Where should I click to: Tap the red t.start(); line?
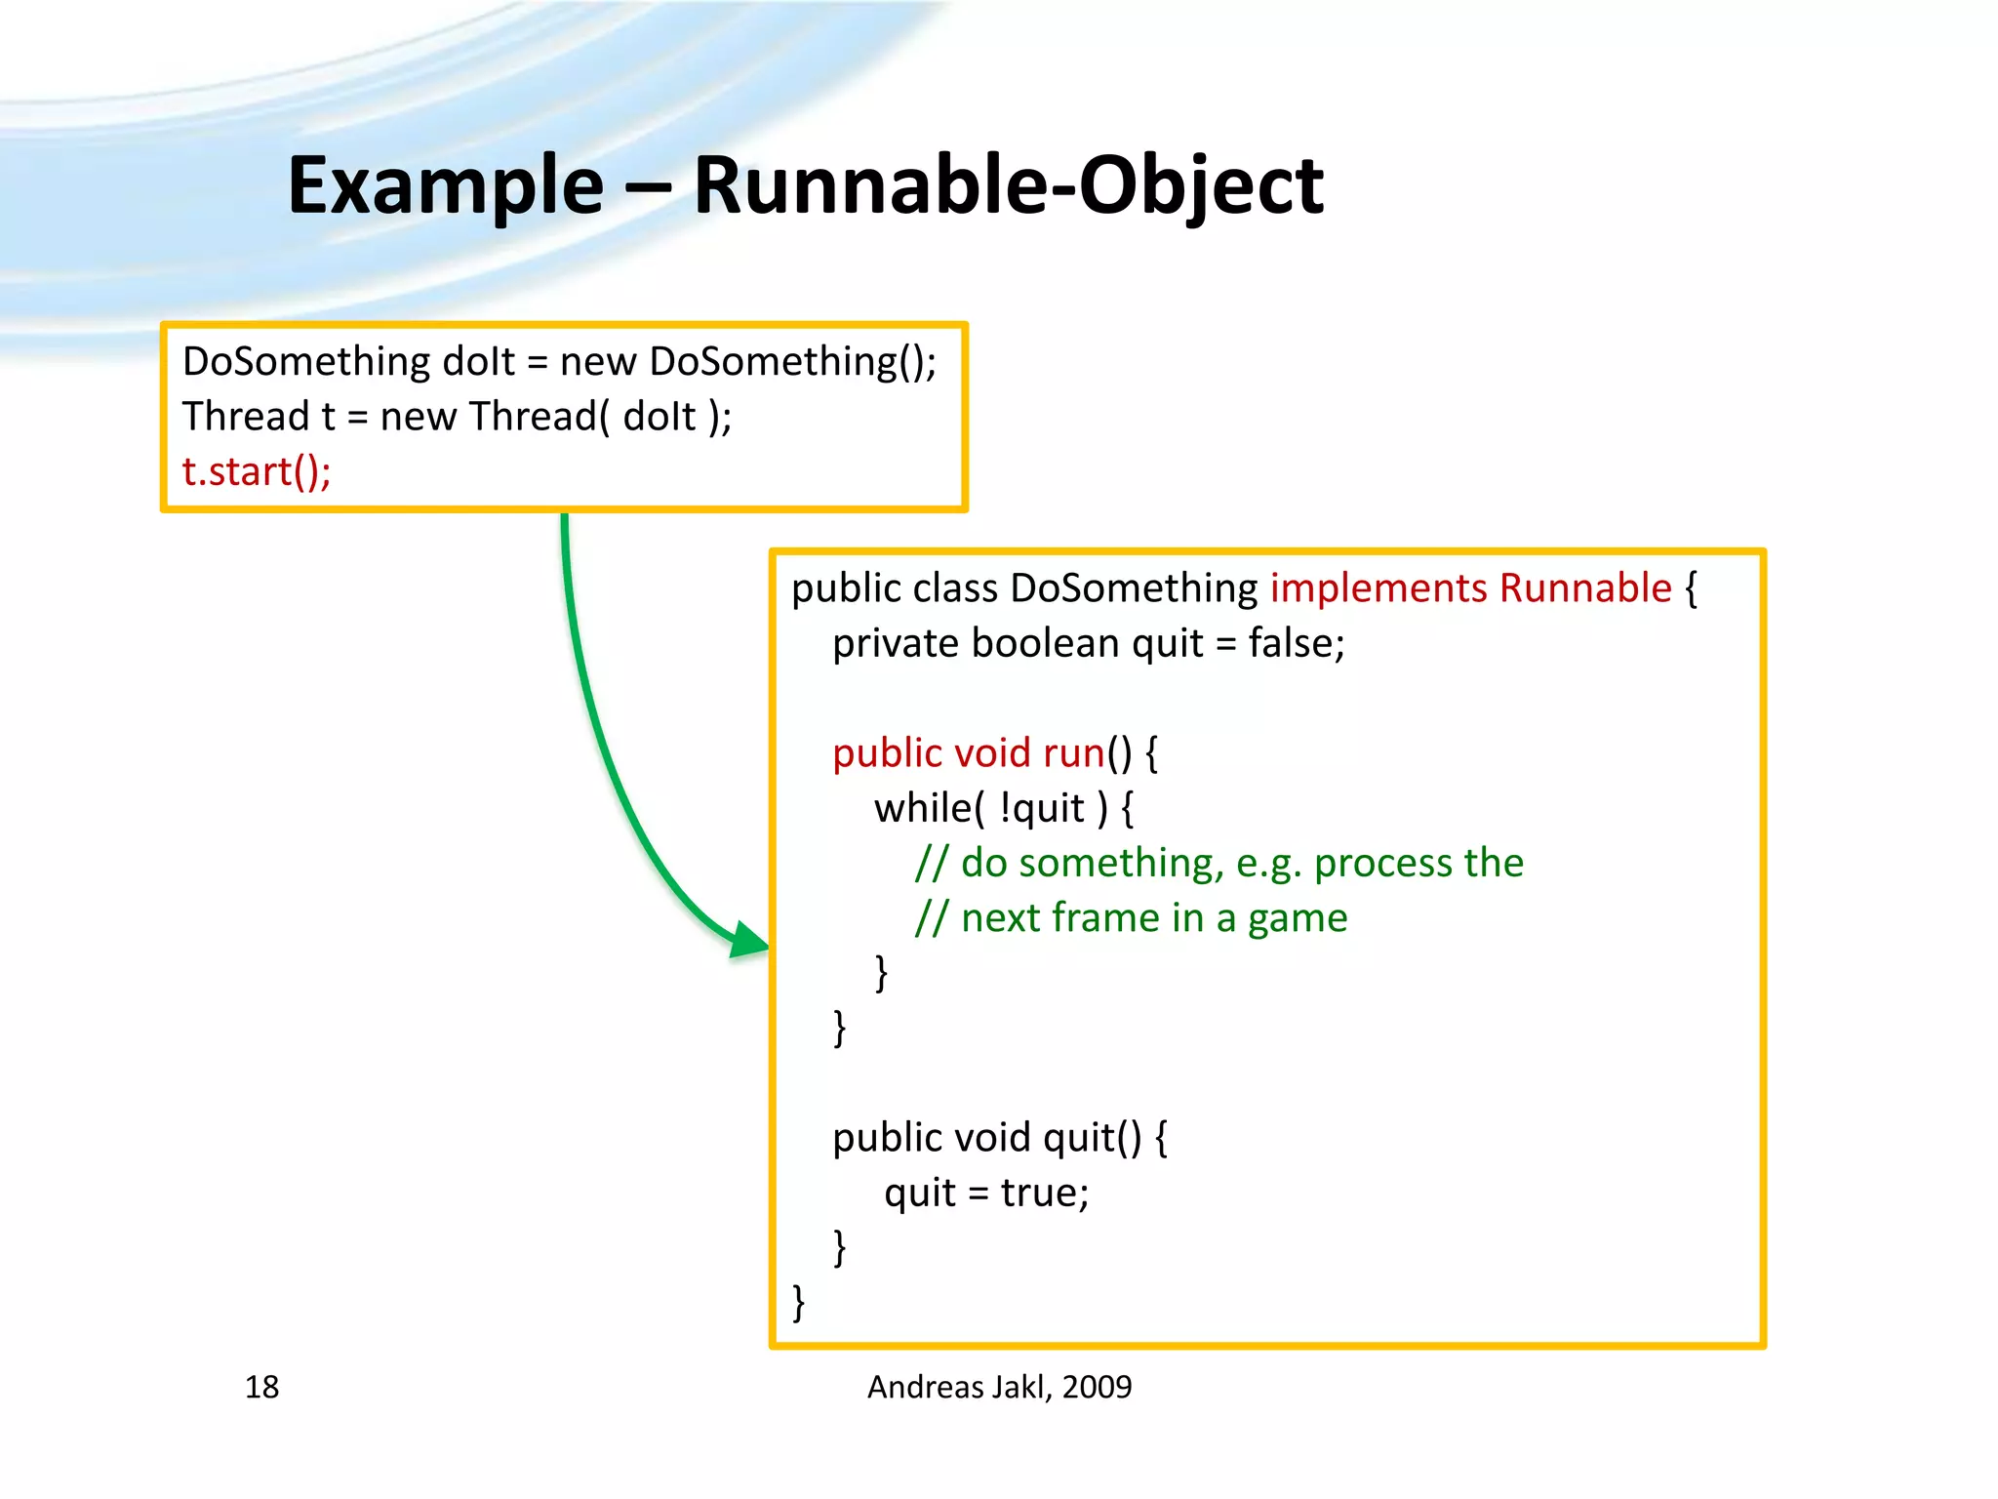pos(257,472)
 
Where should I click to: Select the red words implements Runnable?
pos(1470,588)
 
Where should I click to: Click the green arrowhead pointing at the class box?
pos(749,941)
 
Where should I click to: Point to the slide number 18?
pos(261,1387)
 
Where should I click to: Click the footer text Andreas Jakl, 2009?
pos(999,1387)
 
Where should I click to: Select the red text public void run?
pos(968,753)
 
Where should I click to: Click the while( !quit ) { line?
pos(1003,809)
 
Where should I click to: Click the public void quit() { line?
pos(999,1138)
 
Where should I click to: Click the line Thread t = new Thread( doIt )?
pos(457,417)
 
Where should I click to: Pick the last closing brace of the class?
pos(799,1302)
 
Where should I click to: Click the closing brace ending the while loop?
pos(881,973)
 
